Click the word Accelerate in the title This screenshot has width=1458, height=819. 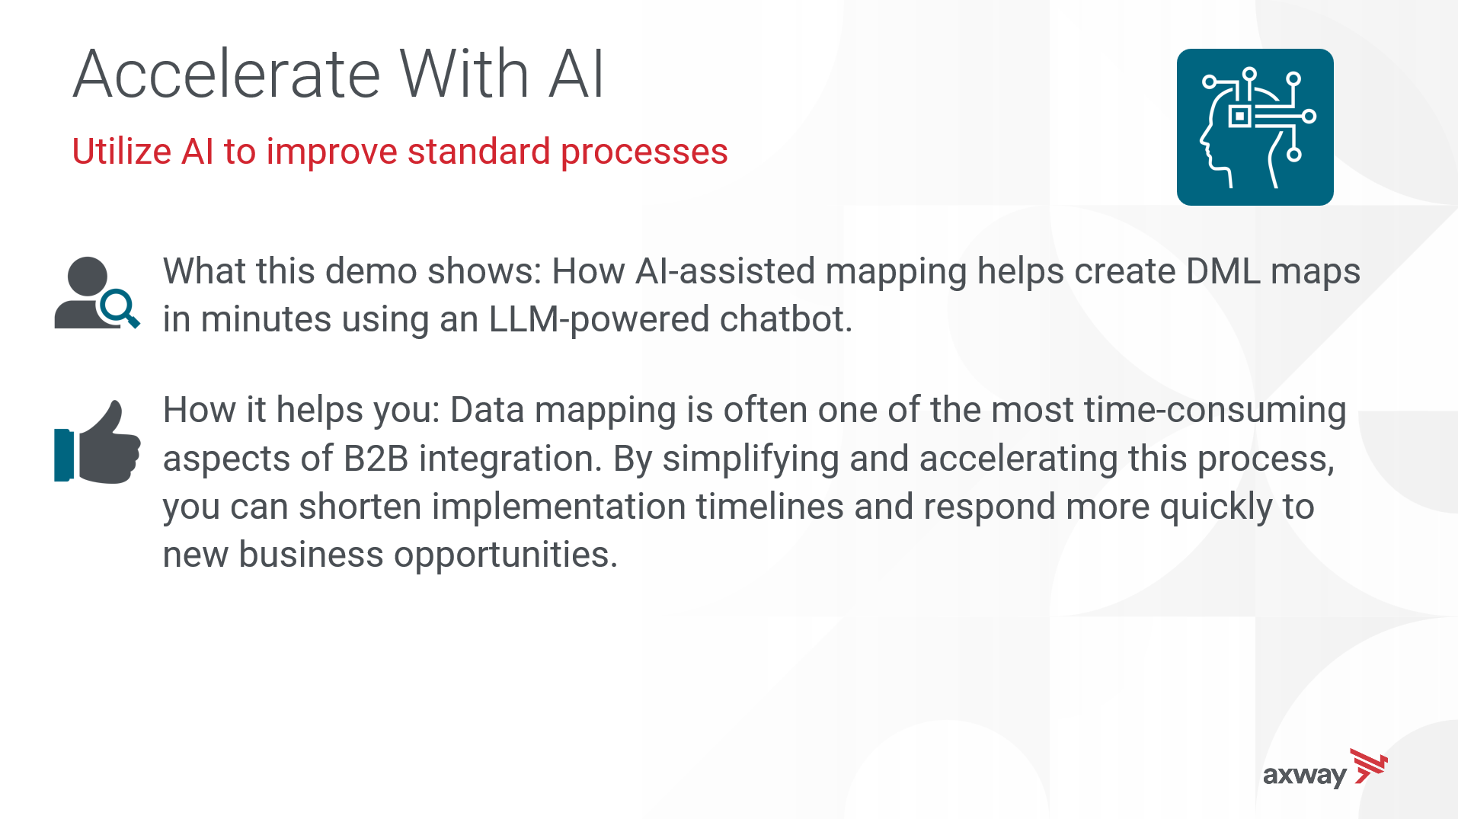[x=226, y=74]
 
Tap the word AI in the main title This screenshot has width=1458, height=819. [x=577, y=74]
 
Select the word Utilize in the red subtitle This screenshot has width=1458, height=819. [x=121, y=151]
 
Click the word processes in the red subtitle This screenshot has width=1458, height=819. [x=644, y=152]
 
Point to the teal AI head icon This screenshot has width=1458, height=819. [x=1255, y=127]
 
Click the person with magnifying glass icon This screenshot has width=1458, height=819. [x=97, y=293]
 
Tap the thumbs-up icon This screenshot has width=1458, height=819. [x=97, y=442]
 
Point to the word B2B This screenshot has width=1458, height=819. [x=376, y=459]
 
